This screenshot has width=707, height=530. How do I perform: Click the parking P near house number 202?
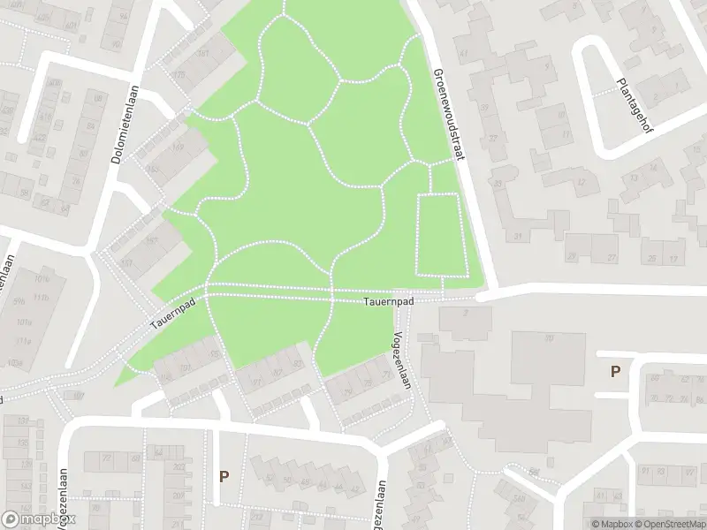click(224, 476)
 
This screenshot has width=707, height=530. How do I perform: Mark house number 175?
click(181, 74)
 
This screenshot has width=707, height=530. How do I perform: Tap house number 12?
click(581, 182)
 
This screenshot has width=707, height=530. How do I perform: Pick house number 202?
click(179, 467)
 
